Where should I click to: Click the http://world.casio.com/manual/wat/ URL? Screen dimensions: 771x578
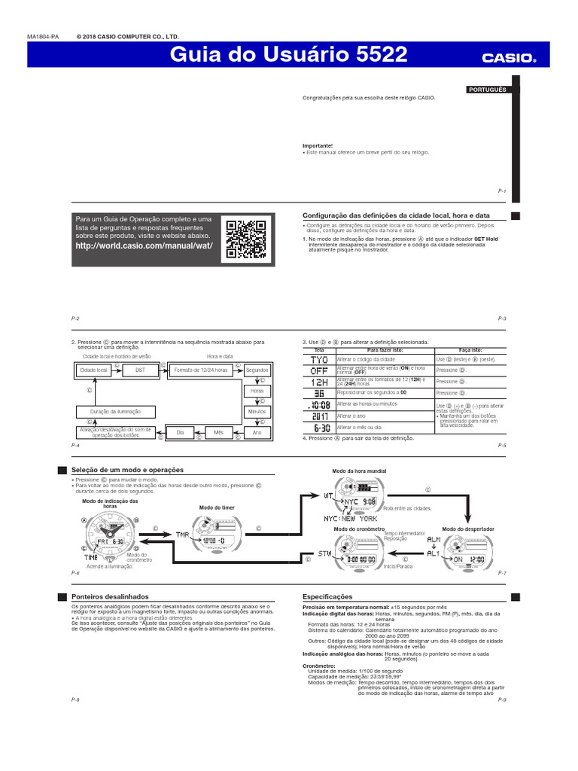tap(144, 246)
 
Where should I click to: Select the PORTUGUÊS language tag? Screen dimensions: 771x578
tap(487, 89)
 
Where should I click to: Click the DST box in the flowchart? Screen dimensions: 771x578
tap(140, 370)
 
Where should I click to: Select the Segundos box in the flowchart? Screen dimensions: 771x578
tap(257, 370)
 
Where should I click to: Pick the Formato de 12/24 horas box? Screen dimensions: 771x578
tap(200, 370)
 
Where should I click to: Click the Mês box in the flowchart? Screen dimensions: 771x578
tap(218, 433)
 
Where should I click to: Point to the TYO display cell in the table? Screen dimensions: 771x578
tap(319, 360)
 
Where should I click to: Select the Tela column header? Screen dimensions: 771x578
tap(319, 350)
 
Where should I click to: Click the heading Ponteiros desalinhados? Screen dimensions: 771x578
tap(110, 596)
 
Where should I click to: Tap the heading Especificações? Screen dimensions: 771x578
tap(327, 596)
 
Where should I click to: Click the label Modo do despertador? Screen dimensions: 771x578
tap(467, 529)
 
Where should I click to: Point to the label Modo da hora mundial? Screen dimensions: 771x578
tap(359, 471)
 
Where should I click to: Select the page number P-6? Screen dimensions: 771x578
tap(75, 573)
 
